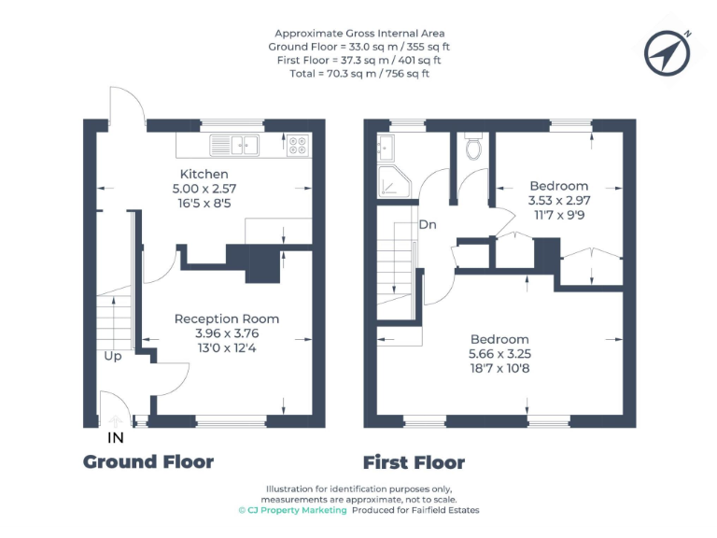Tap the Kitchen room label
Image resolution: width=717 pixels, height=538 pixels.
[x=204, y=175]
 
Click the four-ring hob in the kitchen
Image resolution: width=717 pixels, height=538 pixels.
[x=298, y=145]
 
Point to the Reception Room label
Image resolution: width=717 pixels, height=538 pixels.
[x=227, y=319]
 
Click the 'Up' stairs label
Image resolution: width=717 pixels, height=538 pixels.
[x=112, y=356]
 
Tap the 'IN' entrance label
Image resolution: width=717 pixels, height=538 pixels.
[x=116, y=436]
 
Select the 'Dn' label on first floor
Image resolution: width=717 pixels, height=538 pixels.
[x=428, y=225]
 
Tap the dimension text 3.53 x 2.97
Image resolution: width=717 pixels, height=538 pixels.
[x=559, y=200]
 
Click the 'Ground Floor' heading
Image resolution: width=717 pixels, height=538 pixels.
[x=148, y=461]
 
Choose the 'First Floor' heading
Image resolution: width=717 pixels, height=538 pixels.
[x=414, y=462]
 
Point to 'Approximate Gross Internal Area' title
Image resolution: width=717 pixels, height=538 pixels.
[x=359, y=34]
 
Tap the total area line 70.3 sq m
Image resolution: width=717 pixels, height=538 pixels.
[x=359, y=73]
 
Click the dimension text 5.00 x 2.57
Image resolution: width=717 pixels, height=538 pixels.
[x=204, y=189]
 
